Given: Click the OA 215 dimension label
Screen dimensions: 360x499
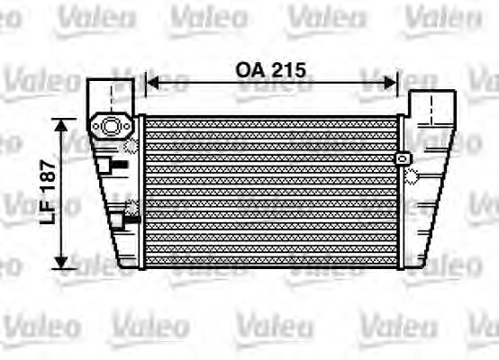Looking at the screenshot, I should (x=271, y=69).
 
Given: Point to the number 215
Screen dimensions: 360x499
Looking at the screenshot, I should (x=288, y=69).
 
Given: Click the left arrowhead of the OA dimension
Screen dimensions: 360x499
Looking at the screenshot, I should (x=150, y=83).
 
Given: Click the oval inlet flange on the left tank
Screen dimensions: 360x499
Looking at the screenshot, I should (x=110, y=127).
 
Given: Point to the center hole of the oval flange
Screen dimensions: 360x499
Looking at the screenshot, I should (x=110, y=127).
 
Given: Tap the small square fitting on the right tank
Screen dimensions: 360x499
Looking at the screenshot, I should (x=403, y=158).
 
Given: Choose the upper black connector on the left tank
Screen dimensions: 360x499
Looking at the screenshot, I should (x=116, y=165).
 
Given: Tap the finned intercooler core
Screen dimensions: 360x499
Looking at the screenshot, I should (x=270, y=191).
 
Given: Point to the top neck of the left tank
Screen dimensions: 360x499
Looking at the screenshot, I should (x=112, y=94).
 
